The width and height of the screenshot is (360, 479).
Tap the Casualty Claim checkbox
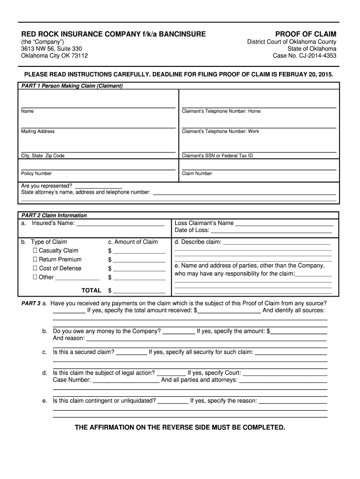[35, 251]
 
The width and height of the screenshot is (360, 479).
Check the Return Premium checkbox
[35, 260]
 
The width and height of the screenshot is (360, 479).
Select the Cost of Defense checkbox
[35, 269]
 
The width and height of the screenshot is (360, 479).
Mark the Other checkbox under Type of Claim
[35, 277]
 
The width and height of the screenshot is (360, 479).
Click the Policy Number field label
[36, 174]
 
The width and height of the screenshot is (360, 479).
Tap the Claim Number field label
[197, 174]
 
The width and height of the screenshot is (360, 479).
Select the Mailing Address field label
[38, 131]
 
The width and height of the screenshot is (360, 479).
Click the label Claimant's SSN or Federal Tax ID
[217, 156]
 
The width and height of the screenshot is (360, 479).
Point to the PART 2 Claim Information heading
[54, 216]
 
